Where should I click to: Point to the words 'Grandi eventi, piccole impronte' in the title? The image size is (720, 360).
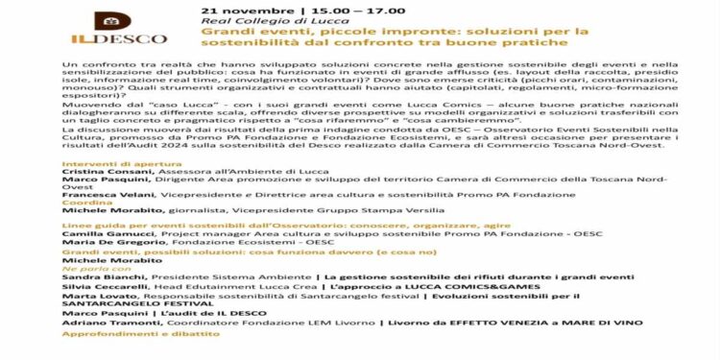pyautogui.click(x=294, y=31)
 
